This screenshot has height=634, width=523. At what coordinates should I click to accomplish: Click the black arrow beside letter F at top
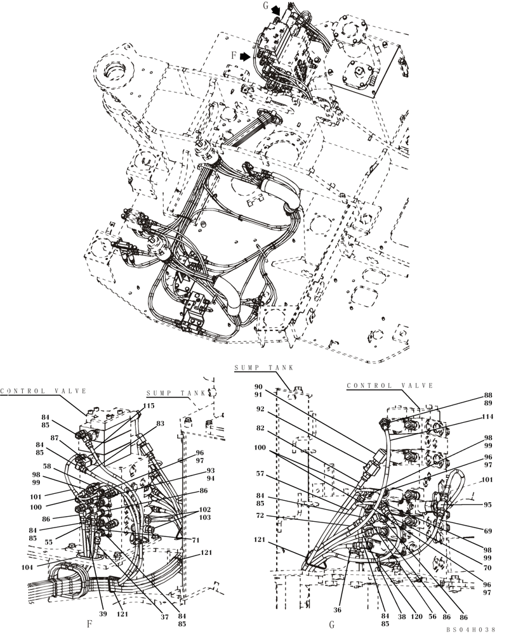(x=245, y=56)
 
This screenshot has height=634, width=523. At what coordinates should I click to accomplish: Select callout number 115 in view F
(x=149, y=406)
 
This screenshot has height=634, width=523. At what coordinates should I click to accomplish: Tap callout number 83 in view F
(x=160, y=424)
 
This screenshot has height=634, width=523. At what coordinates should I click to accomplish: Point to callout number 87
(x=55, y=438)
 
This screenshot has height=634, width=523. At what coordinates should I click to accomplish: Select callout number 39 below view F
(x=103, y=614)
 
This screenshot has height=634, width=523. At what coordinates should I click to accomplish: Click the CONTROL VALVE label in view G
(x=390, y=385)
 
